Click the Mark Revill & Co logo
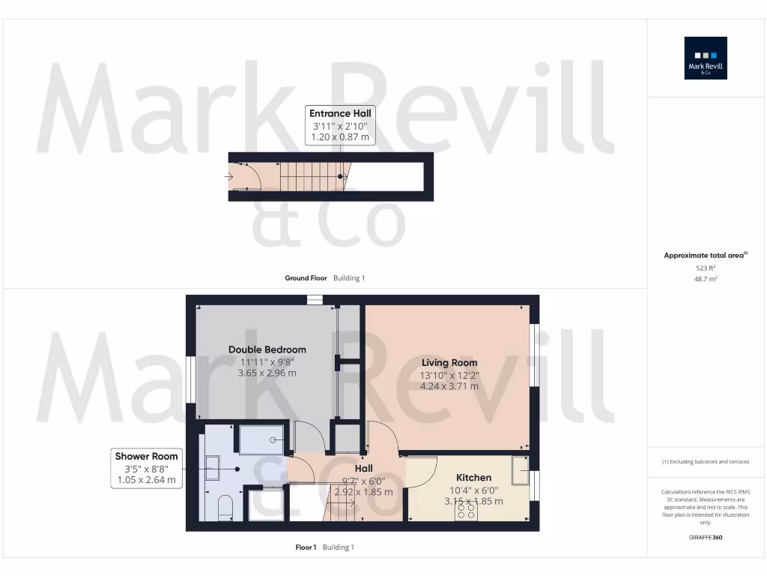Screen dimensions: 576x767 [706, 58]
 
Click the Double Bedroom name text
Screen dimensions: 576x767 [267, 349]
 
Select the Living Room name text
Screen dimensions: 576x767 [449, 363]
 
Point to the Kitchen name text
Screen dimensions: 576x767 [473, 478]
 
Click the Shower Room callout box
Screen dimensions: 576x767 [146, 468]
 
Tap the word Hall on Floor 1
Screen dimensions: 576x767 [363, 469]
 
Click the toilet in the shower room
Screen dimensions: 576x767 [224, 508]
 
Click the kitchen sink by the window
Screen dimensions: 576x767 [520, 469]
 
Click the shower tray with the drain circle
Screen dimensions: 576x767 [261, 440]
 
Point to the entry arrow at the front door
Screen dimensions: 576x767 [228, 177]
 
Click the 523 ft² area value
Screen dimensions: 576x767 [705, 267]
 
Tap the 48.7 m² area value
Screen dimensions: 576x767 [705, 278]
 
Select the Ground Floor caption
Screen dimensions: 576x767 [306, 278]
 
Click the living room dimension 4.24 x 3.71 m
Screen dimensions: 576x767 [449, 386]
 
